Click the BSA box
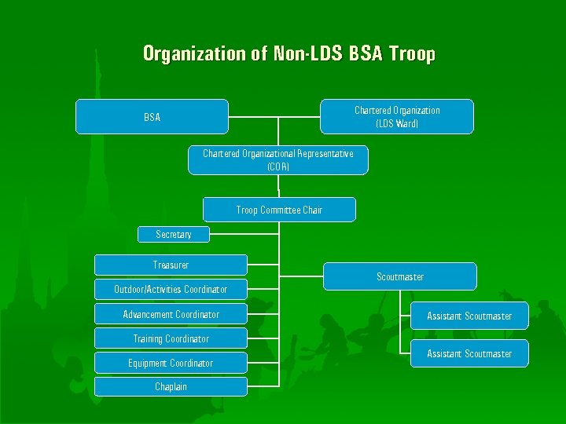click(x=152, y=117)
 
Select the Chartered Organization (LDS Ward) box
click(x=397, y=116)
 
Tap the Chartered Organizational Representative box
click(x=277, y=159)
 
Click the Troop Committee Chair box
click(x=279, y=210)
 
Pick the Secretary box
click(x=173, y=234)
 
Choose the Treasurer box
click(x=171, y=265)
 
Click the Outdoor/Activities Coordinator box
click(x=171, y=289)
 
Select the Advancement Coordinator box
click(x=171, y=314)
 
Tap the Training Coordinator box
click(x=171, y=338)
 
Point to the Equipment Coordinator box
click(x=171, y=363)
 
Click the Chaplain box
click(x=171, y=386)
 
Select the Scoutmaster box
click(x=399, y=276)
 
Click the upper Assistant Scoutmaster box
click(x=469, y=316)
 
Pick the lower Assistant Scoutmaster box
click(x=469, y=353)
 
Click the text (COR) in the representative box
click(x=278, y=166)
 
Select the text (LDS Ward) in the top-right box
click(x=397, y=123)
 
